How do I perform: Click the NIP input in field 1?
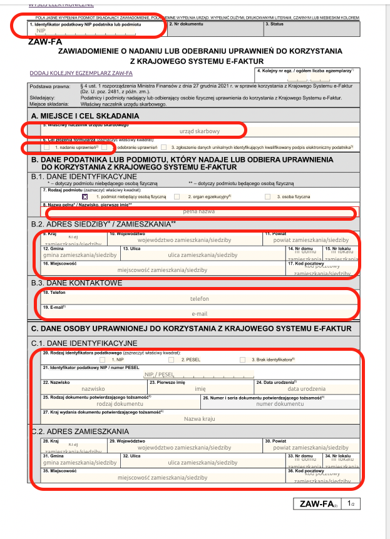[x=94, y=31]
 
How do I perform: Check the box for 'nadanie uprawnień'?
[x=47, y=148]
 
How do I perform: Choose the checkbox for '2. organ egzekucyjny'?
[x=177, y=196]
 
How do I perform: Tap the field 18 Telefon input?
[x=199, y=299]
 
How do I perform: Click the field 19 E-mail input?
[x=199, y=313]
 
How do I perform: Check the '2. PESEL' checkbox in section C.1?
[x=171, y=360]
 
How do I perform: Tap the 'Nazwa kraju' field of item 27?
[x=199, y=419]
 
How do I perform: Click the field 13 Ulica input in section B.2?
[x=202, y=254]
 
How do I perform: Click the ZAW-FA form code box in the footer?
[x=319, y=503]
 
